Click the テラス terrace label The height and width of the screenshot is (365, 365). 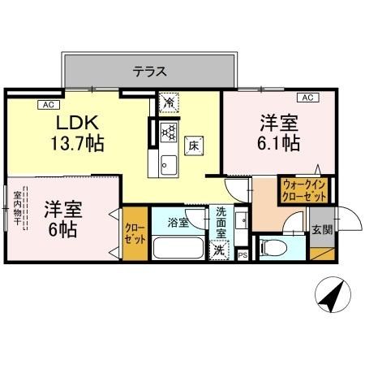tap(150, 72)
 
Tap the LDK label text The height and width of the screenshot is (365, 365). tap(77, 123)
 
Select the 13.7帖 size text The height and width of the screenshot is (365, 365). tap(79, 144)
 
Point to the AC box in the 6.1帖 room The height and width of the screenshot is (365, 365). tap(307, 98)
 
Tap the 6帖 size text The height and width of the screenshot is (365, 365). tap(61, 228)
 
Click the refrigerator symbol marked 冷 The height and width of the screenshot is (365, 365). tap(169, 103)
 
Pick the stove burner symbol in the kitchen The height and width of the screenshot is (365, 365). tap(168, 131)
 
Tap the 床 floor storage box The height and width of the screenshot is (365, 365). tap(194, 146)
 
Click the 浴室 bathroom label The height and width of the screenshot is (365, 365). tap(178, 222)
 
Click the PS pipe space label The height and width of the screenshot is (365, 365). tap(243, 255)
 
